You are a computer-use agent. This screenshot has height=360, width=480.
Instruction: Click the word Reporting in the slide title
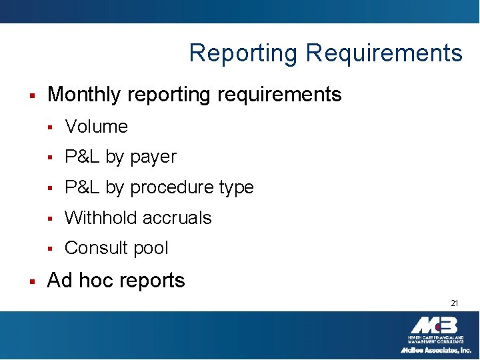coord(243,53)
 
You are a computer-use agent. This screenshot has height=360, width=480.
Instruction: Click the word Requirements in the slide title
coord(384,53)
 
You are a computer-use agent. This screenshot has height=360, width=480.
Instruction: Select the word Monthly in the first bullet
coord(84,95)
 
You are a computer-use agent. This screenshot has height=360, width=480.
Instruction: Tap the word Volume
coord(97,127)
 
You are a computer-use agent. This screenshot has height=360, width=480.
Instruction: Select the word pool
coord(151,249)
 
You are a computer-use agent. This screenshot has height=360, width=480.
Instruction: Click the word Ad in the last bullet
coord(59,281)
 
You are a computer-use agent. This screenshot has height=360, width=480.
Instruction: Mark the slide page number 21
coord(454,303)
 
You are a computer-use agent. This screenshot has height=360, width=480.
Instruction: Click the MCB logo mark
coord(434,326)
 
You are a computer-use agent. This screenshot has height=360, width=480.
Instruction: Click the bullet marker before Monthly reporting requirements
coord(32,96)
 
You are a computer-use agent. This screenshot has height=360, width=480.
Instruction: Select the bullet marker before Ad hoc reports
coord(32,281)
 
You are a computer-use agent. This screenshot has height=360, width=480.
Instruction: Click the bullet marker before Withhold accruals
coord(50,219)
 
